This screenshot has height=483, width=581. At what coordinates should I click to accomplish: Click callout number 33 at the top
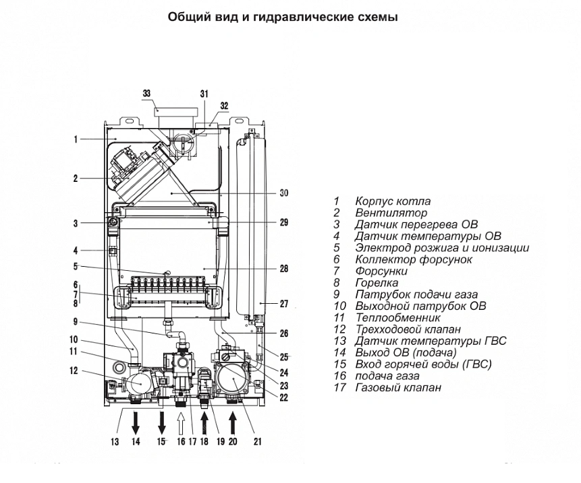[x=146, y=93]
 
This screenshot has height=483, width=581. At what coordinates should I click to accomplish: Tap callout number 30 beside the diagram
[x=284, y=193]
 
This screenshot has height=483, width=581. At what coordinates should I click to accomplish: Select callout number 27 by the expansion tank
[x=284, y=304]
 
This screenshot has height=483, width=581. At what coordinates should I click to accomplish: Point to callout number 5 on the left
[x=76, y=266]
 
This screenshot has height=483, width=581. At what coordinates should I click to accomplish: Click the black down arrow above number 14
[x=136, y=422]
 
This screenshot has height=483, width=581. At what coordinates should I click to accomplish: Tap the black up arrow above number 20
[x=233, y=422]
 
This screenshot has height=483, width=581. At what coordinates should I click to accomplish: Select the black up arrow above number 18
[x=204, y=422]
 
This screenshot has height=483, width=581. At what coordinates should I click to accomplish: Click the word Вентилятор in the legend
[x=391, y=213]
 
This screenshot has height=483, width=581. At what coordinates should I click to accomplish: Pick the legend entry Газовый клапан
[x=398, y=387]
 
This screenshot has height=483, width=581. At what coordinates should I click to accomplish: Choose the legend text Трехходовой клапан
[x=408, y=329]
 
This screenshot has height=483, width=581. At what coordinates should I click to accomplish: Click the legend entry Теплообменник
[x=398, y=318]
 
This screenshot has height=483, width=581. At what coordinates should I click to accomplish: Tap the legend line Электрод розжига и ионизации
[x=442, y=248]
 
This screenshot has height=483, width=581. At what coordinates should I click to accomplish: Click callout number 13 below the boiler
[x=115, y=442]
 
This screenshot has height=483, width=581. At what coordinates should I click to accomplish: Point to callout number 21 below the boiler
[x=258, y=442]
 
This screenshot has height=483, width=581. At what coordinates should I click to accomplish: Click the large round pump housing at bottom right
[x=233, y=380]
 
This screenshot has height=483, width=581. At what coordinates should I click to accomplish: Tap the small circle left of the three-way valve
[x=119, y=368]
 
